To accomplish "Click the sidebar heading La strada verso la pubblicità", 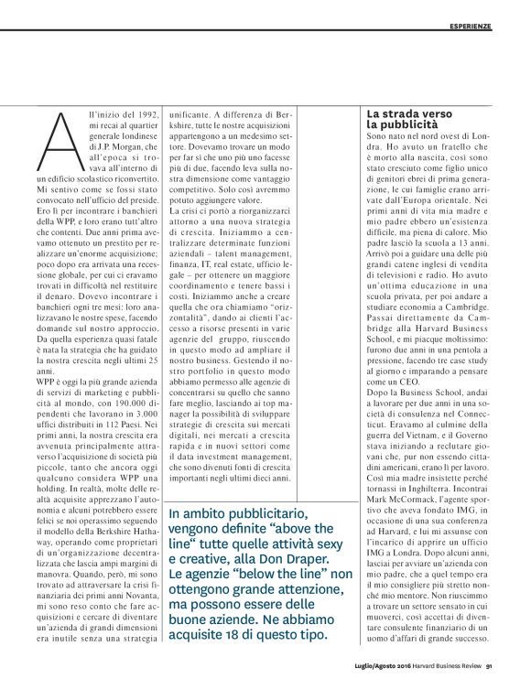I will click(405, 116).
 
